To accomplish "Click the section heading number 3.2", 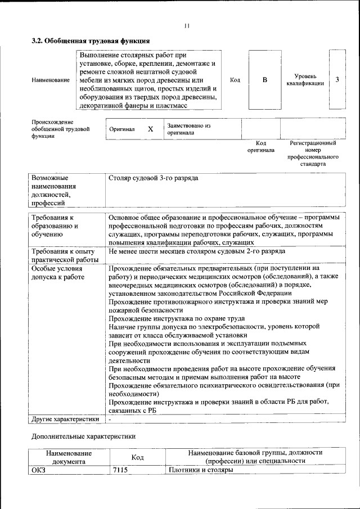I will (x=37, y=41).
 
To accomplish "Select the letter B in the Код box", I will (x=264, y=80).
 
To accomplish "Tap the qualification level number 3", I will (x=337, y=79).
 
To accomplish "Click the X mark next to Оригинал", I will (x=150, y=129).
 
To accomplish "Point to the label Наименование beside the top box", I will (x=51, y=80).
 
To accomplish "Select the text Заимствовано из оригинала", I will (x=188, y=129).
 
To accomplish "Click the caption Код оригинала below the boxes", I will (x=261, y=147).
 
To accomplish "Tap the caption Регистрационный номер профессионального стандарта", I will (x=313, y=155).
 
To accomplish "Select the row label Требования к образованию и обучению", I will (x=55, y=226).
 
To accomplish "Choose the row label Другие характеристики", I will (x=65, y=418).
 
